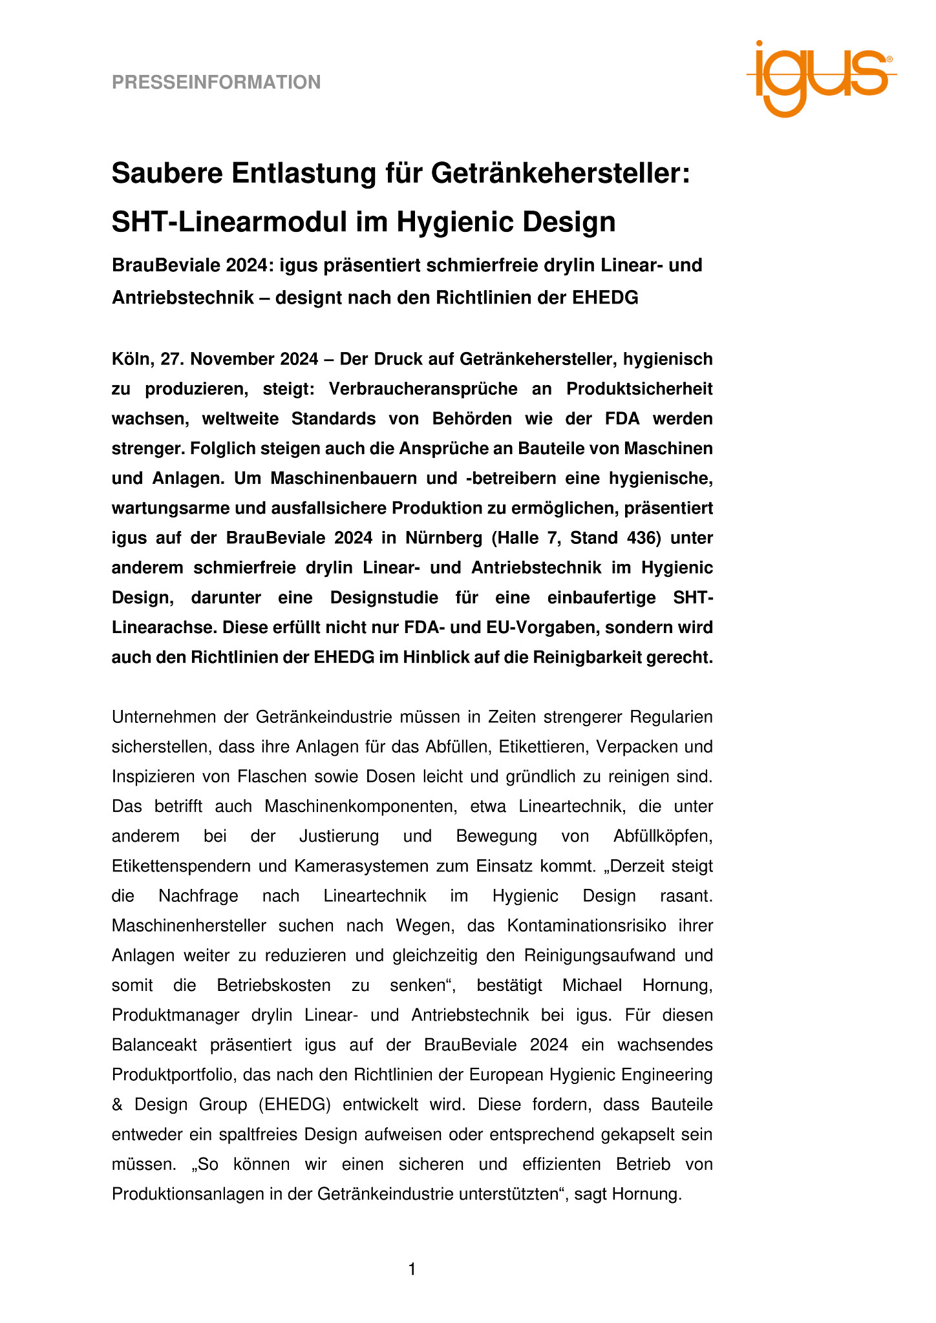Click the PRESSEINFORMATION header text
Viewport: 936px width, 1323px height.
[x=216, y=82]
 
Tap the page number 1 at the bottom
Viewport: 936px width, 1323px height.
[x=412, y=1269]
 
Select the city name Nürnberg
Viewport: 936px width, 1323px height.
[x=443, y=538]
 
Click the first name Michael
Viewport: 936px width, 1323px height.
[x=592, y=985]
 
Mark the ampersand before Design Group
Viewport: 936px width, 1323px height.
[x=117, y=1104]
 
